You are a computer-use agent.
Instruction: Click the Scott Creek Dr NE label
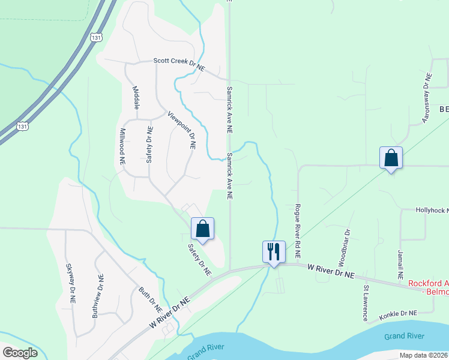[179, 64]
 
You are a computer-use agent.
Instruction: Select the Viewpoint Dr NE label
[182, 130]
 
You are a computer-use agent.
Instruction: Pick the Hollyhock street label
[432, 211]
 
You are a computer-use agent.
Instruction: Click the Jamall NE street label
[400, 265]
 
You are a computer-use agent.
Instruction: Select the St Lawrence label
[365, 303]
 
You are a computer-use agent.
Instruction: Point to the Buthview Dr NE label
[100, 293]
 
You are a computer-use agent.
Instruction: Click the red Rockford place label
[428, 287]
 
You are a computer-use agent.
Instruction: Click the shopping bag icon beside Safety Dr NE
[202, 229]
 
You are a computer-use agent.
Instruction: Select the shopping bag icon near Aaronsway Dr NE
[391, 158]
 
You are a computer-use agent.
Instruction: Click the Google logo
[20, 353]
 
